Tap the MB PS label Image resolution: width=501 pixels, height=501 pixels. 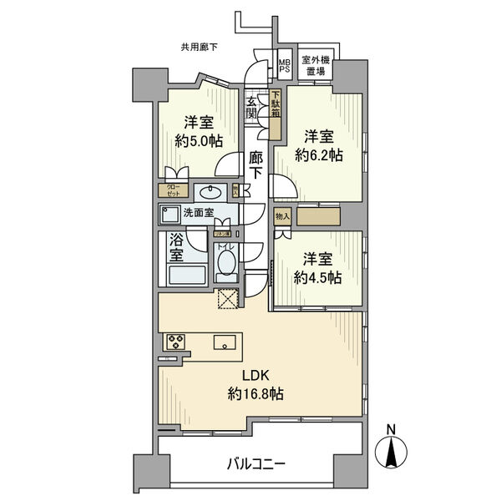[284, 66]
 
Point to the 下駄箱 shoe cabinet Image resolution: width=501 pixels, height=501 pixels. [275, 104]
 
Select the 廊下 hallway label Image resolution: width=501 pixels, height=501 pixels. [256, 165]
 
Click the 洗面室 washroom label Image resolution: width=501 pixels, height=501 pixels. [199, 212]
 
